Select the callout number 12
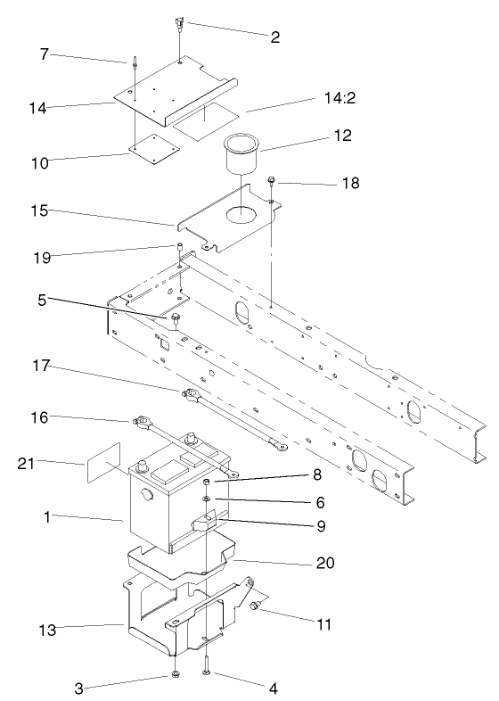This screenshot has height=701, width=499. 341,136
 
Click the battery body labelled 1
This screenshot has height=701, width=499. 165,513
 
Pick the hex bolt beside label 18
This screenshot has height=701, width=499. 270,184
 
